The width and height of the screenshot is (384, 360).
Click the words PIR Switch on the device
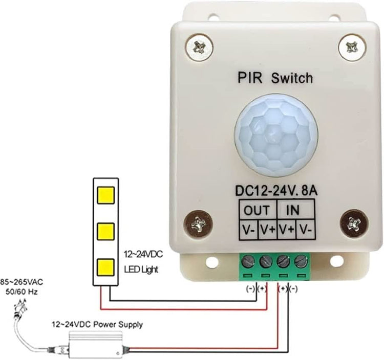point(275,78)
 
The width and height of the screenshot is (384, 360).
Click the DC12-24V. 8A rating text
point(276,191)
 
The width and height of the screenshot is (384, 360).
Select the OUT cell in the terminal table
point(256,210)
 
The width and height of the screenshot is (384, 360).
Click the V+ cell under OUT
point(266,230)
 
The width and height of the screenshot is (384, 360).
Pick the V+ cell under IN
point(286,230)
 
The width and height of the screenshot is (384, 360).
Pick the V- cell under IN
point(306,230)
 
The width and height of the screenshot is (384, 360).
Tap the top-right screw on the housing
point(352,47)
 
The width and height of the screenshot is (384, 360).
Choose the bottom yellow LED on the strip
point(105,266)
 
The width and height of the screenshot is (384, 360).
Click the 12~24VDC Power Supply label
point(97,324)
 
